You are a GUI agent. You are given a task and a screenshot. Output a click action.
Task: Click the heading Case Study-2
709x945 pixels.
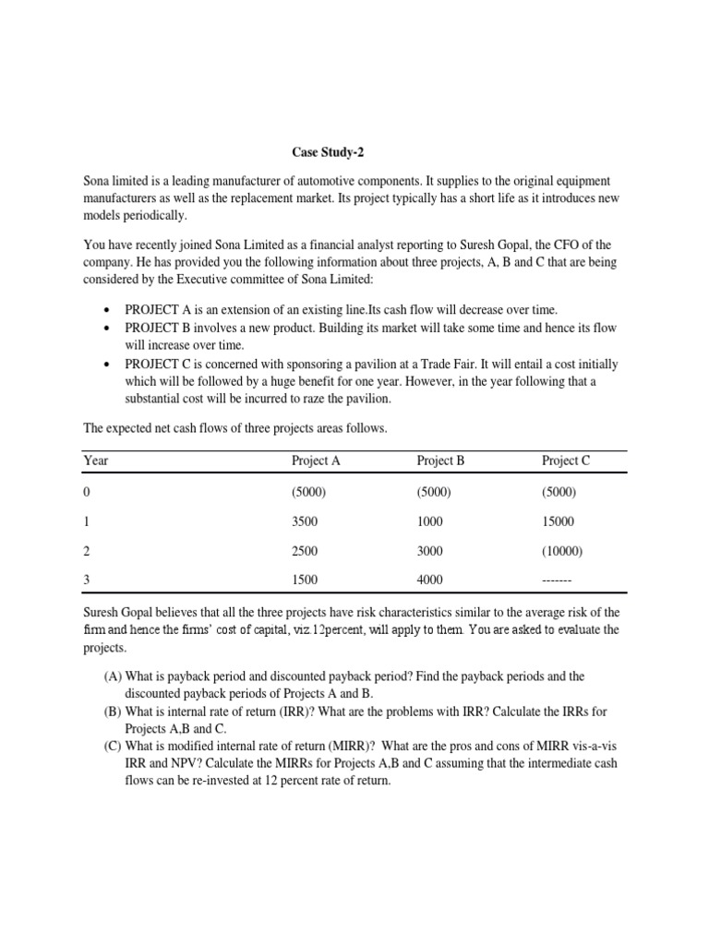click(x=321, y=152)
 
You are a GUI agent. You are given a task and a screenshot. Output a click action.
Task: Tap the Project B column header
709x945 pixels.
click(x=440, y=461)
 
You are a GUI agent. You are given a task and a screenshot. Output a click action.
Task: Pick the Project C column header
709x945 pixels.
click(x=566, y=461)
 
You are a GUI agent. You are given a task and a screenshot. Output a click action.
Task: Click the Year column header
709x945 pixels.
click(x=96, y=461)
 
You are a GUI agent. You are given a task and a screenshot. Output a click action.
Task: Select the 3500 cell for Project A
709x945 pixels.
click(x=305, y=521)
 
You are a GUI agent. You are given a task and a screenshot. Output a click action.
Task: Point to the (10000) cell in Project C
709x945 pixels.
click(x=563, y=551)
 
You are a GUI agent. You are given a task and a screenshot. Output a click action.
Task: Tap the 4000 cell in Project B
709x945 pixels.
click(x=430, y=580)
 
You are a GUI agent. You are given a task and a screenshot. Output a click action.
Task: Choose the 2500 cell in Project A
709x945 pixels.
click(x=305, y=551)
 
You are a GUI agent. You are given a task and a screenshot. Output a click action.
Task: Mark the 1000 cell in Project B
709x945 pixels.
click(x=430, y=521)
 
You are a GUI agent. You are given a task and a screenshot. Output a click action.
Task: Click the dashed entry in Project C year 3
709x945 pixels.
click(x=558, y=580)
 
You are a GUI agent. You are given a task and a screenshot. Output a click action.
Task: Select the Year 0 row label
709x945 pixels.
click(x=87, y=492)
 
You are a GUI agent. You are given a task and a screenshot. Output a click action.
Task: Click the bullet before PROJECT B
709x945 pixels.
click(x=109, y=329)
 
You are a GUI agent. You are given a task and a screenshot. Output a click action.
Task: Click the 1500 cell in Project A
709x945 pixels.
click(x=305, y=580)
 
